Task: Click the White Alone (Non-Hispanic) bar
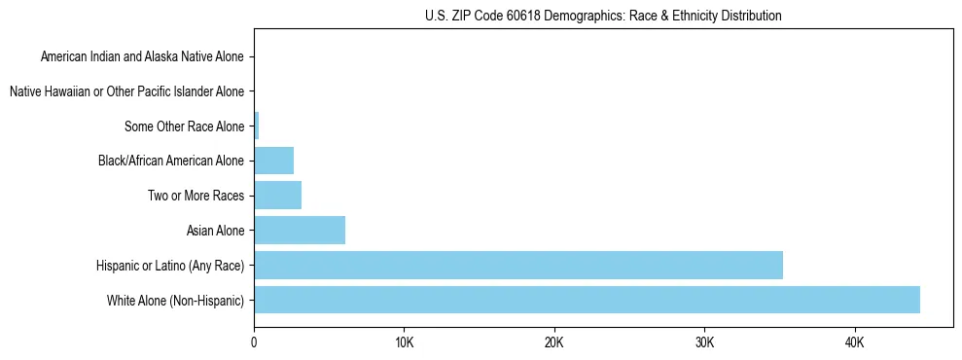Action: point(587,300)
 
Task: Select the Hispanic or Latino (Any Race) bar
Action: point(518,265)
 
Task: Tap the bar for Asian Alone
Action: point(300,231)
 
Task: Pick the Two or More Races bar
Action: point(278,196)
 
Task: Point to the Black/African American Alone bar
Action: point(274,161)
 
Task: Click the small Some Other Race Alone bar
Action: point(257,126)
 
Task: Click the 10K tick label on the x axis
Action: point(405,342)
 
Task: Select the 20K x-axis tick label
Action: point(554,342)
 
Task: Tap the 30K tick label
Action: point(704,342)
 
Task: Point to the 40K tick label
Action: point(855,342)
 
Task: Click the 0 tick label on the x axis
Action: point(254,342)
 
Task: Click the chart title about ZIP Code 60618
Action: point(603,16)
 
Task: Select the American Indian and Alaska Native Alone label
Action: point(143,57)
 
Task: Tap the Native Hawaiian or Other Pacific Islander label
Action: point(126,91)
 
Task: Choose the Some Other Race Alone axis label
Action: point(185,126)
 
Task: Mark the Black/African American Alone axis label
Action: point(172,161)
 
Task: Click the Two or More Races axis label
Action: point(196,196)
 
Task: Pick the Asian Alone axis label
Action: point(216,231)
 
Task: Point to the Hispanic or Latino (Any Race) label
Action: point(171,265)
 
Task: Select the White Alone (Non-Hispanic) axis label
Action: point(176,300)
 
